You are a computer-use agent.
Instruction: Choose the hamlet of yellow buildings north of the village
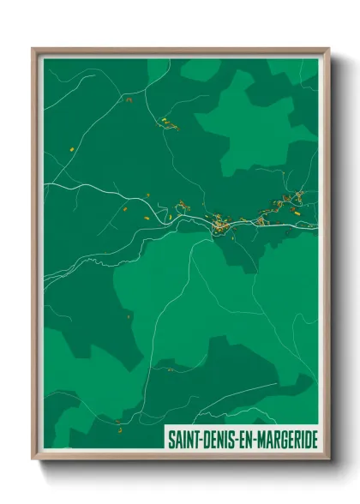(169, 125)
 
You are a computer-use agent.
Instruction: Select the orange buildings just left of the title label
(117, 422)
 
